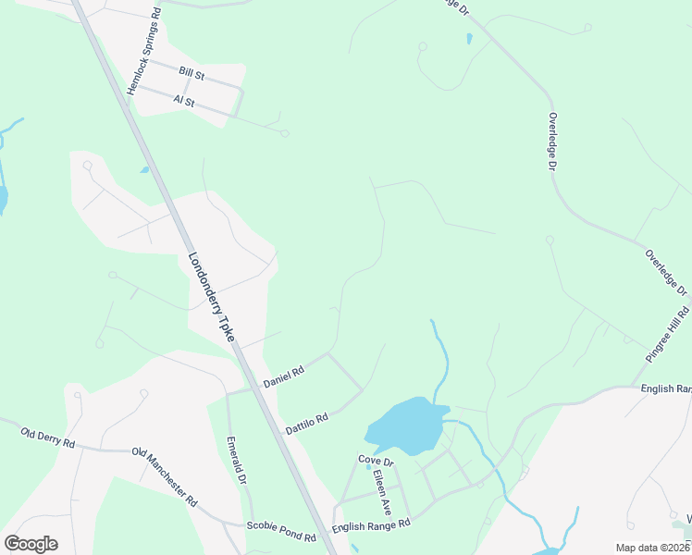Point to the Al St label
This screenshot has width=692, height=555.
click(x=183, y=100)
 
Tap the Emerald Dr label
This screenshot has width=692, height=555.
click(x=236, y=461)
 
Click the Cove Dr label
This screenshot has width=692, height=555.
click(x=377, y=461)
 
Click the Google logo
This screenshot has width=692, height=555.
click(x=31, y=544)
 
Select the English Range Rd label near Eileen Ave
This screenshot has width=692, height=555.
click(x=370, y=525)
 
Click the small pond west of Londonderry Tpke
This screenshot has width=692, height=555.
click(x=144, y=169)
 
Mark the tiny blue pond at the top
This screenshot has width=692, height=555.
click(x=470, y=39)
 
